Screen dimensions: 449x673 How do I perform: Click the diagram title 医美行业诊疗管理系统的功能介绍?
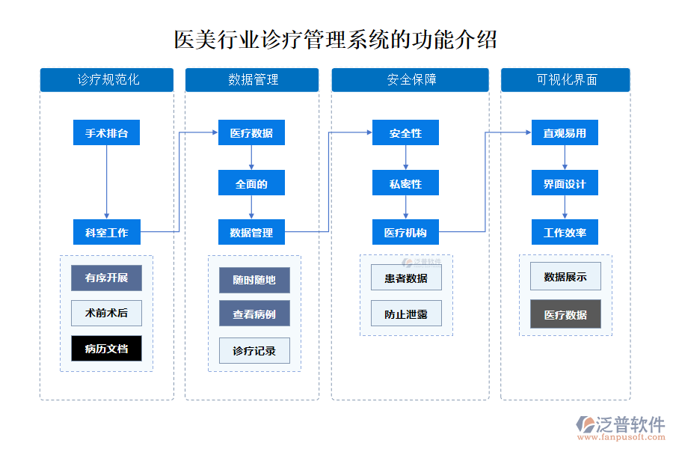336,39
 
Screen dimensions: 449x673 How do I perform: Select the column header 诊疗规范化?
107,79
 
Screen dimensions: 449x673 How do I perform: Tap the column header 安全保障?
410,79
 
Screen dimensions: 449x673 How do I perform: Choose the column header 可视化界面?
565,79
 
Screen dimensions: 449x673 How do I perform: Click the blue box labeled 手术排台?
106,133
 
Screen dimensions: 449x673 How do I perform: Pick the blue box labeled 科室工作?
106,232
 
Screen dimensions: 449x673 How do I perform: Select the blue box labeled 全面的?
251,183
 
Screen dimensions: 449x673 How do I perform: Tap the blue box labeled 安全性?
405,133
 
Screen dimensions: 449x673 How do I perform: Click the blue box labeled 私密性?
405,183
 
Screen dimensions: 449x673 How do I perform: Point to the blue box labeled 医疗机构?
405,232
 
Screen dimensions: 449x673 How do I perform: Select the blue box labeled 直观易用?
565,133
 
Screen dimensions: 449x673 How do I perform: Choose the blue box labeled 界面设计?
565,183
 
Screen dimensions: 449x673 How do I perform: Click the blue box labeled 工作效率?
565,232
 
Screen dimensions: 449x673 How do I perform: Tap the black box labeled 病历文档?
106,349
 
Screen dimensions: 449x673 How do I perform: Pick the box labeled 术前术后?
106,313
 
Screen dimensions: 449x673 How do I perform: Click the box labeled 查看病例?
254,314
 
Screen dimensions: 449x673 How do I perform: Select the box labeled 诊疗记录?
254,350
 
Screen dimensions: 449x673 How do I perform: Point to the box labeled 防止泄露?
406,314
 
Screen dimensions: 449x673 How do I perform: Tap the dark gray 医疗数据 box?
565,314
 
